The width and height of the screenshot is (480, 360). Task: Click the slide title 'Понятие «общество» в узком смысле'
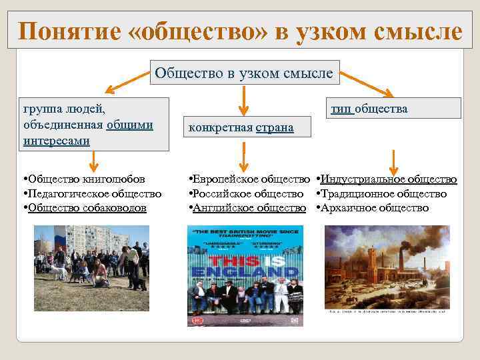point(239,31)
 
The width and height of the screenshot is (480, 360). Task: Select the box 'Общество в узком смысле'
point(243,72)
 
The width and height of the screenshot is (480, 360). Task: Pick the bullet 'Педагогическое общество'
point(92,193)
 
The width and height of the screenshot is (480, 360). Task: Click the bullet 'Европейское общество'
point(249,179)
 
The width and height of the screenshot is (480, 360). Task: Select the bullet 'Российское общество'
point(246,193)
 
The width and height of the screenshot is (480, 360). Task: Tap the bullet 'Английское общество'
point(247,207)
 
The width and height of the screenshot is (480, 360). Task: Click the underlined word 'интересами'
point(56,141)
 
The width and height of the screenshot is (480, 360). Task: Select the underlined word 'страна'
point(275,127)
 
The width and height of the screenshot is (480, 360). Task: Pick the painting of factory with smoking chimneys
point(387,267)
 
